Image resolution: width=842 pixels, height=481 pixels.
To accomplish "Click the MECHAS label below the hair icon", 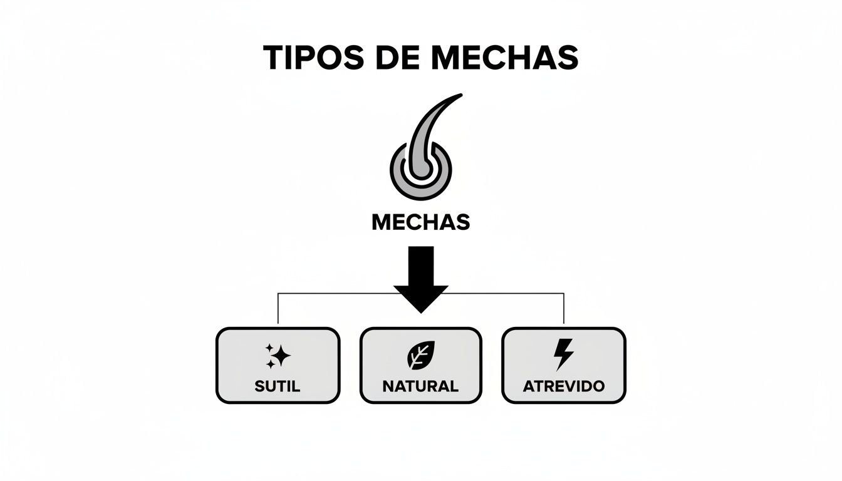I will tap(420, 222).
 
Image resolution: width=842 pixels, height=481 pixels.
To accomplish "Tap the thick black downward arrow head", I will tap(420, 297).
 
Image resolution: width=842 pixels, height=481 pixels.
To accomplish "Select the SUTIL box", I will tap(278, 365).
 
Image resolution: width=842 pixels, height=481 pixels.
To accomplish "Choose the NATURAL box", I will tap(420, 365).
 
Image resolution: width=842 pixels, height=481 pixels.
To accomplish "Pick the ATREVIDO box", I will tap(564, 365).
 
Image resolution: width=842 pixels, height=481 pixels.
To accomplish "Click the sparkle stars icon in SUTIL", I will tap(278, 356).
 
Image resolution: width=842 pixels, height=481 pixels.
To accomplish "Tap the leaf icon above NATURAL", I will tap(420, 356).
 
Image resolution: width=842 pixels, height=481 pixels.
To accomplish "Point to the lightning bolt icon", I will tap(563, 355).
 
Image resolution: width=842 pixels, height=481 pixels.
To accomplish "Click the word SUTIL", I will tap(278, 386).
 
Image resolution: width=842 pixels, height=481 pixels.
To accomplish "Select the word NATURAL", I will tap(420, 386).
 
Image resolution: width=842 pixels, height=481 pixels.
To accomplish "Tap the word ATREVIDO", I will tap(564, 386).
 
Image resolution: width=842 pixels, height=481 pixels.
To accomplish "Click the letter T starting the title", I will tap(274, 58).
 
